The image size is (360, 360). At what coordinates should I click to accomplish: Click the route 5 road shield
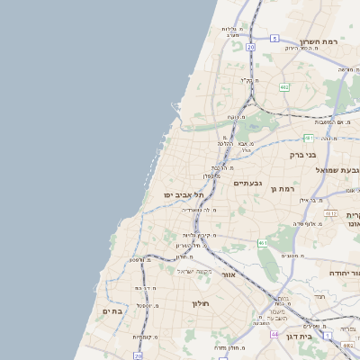[274, 39]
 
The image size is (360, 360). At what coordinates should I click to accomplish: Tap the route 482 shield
[284, 86]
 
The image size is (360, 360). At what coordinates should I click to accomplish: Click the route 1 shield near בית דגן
[328, 336]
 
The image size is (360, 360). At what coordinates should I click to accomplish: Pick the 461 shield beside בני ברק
[308, 138]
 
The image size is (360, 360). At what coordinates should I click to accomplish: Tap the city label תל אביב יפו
[184, 195]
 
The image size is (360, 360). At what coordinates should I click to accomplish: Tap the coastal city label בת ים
[112, 310]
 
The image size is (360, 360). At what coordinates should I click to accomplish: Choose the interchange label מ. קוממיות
[146, 337]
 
